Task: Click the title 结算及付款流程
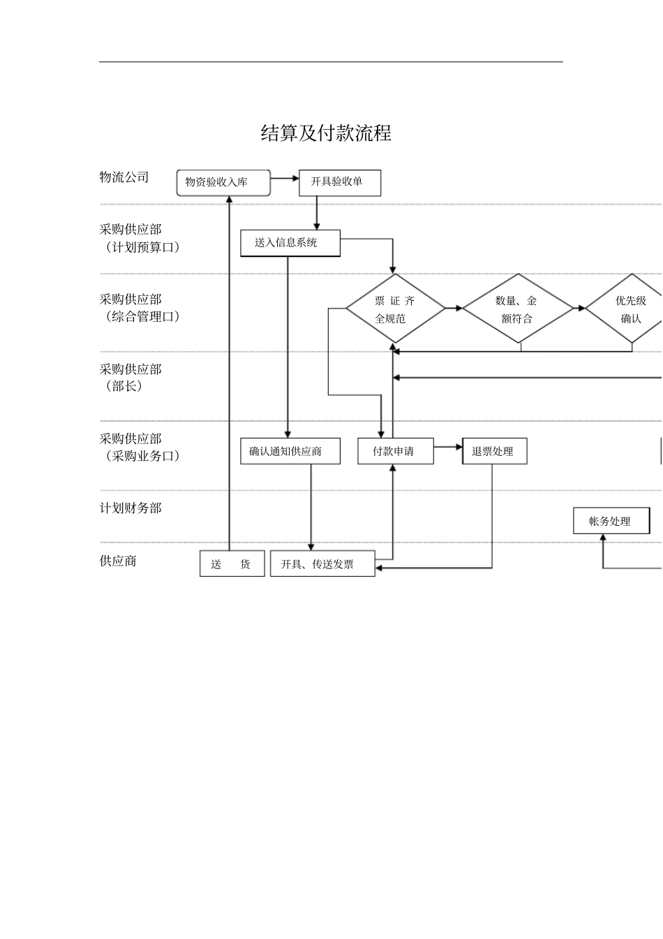326,133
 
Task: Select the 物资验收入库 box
223,183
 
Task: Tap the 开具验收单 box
340,182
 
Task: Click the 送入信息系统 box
290,243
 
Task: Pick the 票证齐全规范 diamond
395,309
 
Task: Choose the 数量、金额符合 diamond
518,309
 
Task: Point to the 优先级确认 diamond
630,309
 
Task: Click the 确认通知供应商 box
290,451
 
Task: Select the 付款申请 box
395,451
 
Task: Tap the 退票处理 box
494,451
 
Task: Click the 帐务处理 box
611,521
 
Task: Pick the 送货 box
232,564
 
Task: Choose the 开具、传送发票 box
322,564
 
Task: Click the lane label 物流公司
124,177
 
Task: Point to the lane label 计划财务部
131,508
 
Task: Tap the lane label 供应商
118,561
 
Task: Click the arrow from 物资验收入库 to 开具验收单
285,179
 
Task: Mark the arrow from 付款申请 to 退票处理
448,447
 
